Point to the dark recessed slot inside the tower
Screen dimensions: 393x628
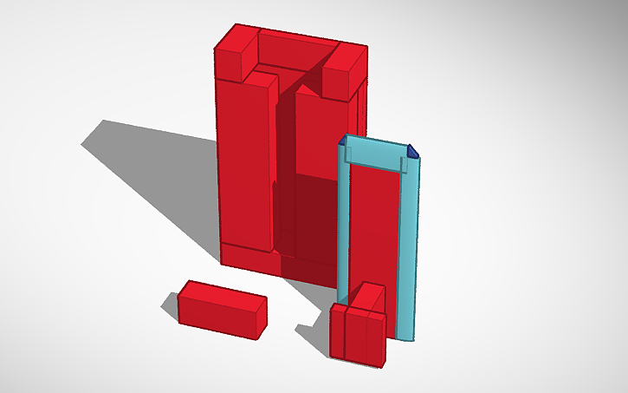point(286,174)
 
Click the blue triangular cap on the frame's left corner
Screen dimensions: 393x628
point(344,140)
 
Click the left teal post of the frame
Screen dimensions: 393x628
point(343,226)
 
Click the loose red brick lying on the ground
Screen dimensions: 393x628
point(217,308)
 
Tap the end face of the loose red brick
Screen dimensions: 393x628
point(260,317)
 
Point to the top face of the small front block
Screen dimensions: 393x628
point(368,298)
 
